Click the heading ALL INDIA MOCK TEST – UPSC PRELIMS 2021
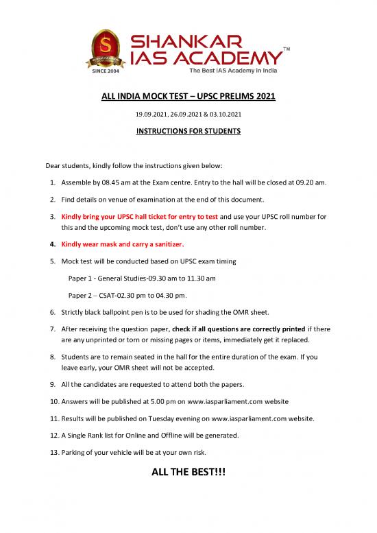click(188, 97)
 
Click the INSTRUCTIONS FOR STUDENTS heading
click(188, 132)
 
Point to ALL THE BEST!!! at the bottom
click(188, 475)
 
